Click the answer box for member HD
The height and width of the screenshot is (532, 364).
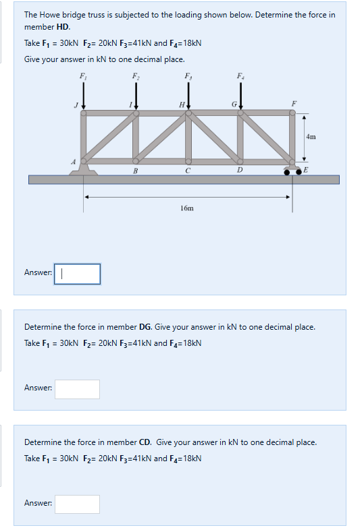[77, 274]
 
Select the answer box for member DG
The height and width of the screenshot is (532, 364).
[77, 389]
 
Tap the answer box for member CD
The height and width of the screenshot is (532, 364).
[77, 504]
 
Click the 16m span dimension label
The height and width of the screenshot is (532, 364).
[187, 208]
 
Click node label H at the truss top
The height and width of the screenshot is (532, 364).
[180, 105]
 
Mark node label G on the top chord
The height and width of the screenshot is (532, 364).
[233, 105]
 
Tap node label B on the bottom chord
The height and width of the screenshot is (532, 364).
[135, 170]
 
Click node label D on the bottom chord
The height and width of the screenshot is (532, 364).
[240, 170]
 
